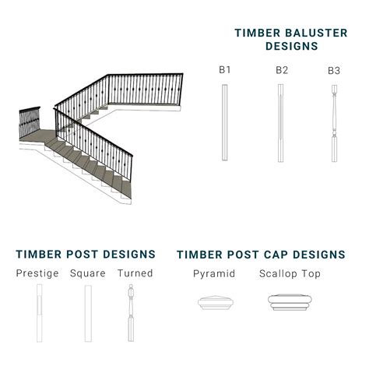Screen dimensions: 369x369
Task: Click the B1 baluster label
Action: [225, 70]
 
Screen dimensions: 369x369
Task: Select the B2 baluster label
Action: [282, 70]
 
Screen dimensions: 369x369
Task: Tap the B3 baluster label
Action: [334, 71]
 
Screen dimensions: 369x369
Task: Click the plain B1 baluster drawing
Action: [225, 122]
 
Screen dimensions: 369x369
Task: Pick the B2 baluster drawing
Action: [280, 123]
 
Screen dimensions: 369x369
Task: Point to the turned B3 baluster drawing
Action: [335, 124]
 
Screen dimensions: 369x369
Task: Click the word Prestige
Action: [37, 274]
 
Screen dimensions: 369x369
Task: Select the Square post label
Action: [88, 274]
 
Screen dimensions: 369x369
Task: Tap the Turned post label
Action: [135, 273]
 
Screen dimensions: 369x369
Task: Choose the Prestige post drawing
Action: [39, 313]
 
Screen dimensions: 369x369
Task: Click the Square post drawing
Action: [88, 314]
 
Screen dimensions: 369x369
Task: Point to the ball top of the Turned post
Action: [131, 286]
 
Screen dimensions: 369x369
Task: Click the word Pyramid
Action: [214, 274]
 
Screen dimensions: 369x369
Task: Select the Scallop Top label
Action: [290, 274]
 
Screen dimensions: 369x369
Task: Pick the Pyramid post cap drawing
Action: [216, 303]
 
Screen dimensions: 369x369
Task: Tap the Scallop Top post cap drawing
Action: [290, 302]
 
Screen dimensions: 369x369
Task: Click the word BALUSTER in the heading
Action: [316, 33]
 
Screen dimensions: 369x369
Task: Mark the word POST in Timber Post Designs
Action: [82, 255]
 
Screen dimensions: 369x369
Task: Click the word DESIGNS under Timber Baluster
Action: [292, 46]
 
